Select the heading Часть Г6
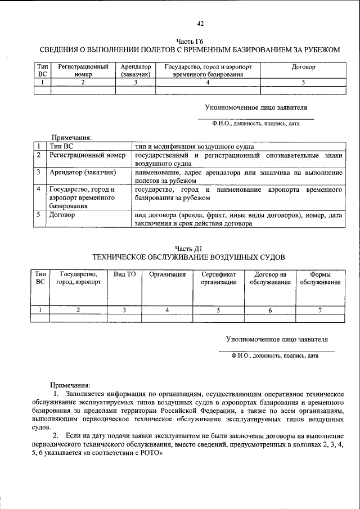click(189, 41)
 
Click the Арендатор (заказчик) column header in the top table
click(135, 70)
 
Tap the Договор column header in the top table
click(303, 67)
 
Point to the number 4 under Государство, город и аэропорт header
click(208, 82)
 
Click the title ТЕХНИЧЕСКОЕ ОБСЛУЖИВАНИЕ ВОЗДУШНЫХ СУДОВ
click(189, 257)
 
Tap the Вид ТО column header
click(124, 274)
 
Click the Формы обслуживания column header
click(319, 278)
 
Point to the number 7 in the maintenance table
click(319, 310)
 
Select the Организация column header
click(167, 274)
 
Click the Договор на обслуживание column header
click(271, 278)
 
